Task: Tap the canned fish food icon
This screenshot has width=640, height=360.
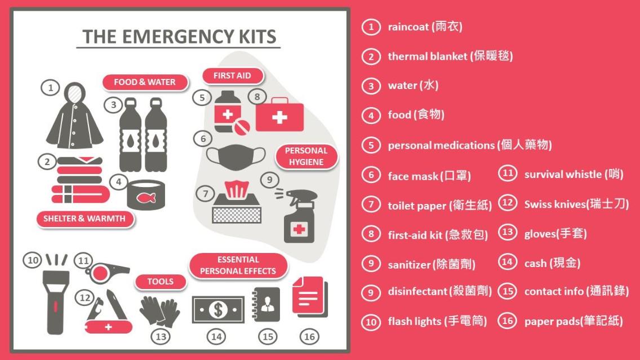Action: click(x=146, y=195)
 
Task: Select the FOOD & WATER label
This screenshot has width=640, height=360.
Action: click(x=145, y=82)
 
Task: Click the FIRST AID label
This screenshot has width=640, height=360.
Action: click(x=232, y=75)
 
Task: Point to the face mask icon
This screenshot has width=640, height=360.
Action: click(x=235, y=157)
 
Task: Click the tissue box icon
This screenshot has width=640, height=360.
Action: click(x=236, y=202)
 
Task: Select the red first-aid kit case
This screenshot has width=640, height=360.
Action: click(x=279, y=115)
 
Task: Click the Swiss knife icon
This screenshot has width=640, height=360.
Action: click(x=108, y=312)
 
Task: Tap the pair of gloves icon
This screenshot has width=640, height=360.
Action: click(x=159, y=312)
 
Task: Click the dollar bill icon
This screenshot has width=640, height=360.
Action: click(x=218, y=310)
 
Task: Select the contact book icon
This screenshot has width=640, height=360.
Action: click(x=266, y=304)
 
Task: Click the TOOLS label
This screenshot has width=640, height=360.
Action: click(x=161, y=282)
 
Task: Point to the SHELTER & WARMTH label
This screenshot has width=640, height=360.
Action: click(x=85, y=219)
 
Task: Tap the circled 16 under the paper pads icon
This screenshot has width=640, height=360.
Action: click(x=309, y=337)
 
